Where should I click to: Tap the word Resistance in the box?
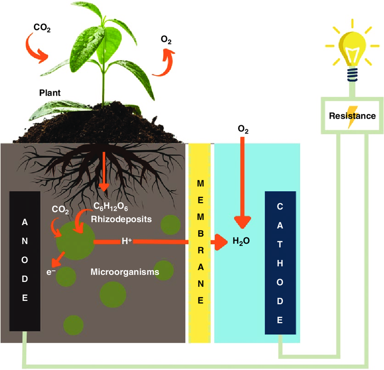click(x=352, y=116)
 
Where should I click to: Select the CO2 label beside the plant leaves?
click(x=42, y=28)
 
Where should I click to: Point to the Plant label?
click(x=50, y=93)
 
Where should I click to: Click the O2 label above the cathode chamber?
click(x=243, y=130)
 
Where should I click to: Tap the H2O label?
click(x=241, y=241)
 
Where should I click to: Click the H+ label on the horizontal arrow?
click(x=126, y=241)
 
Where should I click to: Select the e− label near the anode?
click(x=51, y=272)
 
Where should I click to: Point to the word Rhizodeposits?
click(x=121, y=219)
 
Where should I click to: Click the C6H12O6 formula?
click(x=111, y=207)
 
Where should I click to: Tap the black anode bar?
click(x=24, y=260)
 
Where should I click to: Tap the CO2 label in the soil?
click(x=60, y=210)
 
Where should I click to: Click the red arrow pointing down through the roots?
click(x=104, y=171)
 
